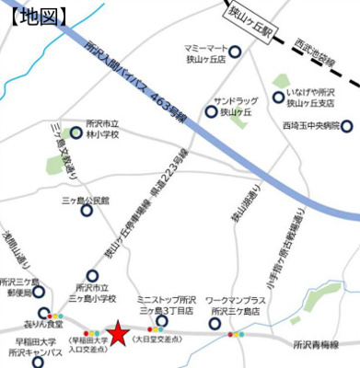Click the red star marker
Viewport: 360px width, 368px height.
[119, 333]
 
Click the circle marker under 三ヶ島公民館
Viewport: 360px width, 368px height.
[87, 211]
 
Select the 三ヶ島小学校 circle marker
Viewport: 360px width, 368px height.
[92, 273]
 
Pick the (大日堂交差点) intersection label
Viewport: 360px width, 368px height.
[157, 340]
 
